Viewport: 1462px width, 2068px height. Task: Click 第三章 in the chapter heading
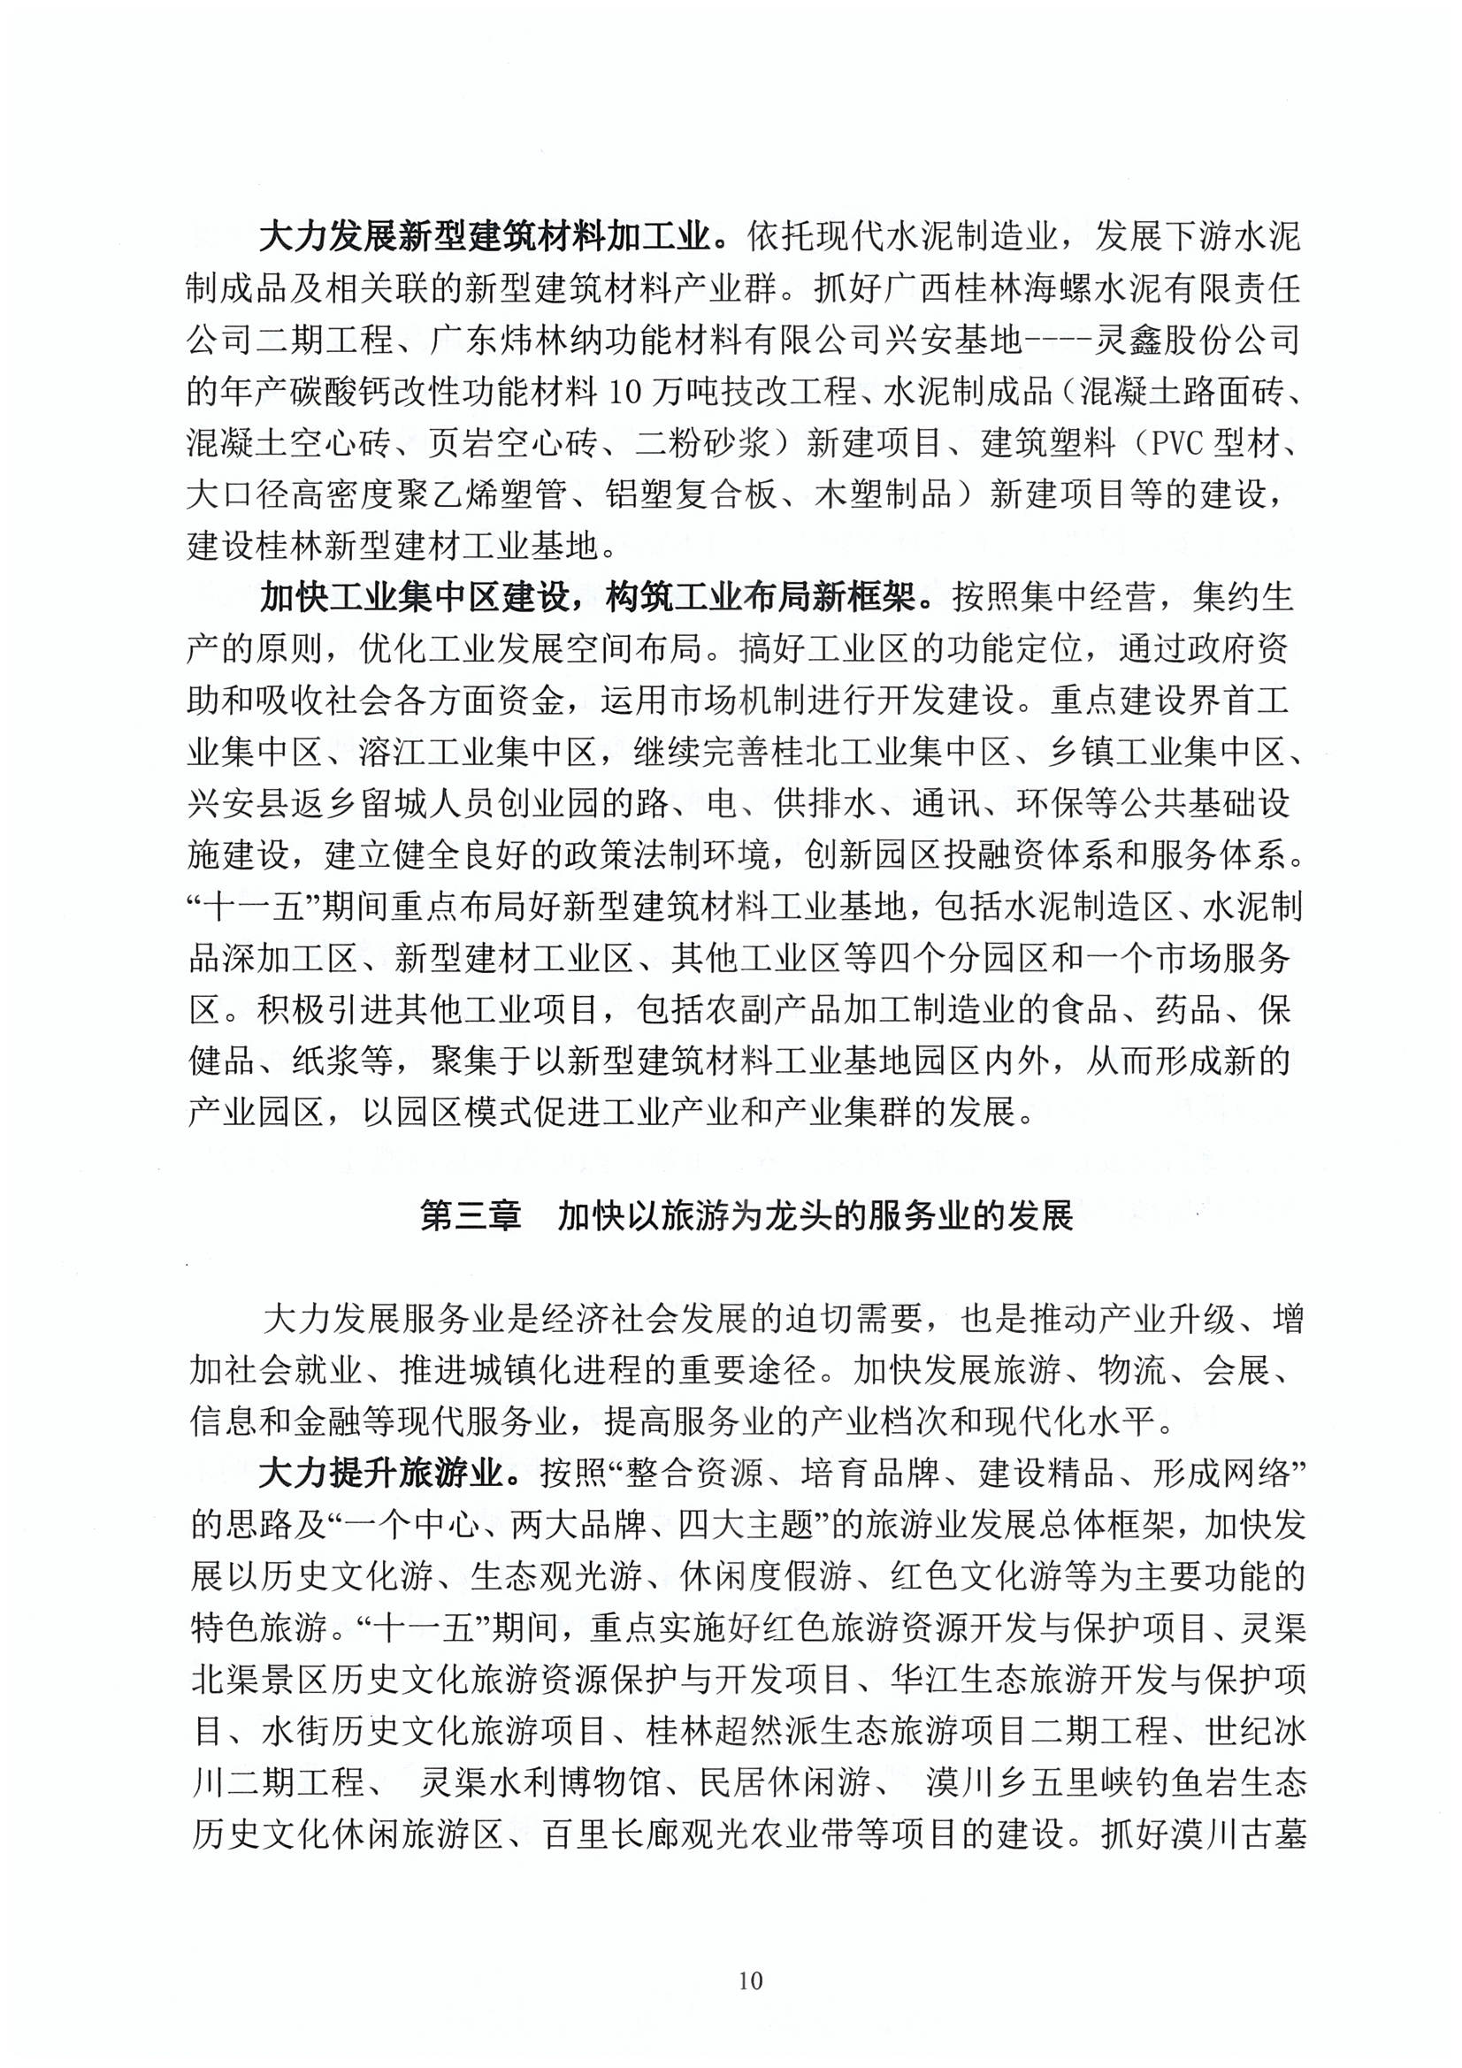coord(471,1218)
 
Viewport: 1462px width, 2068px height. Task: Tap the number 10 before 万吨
coord(626,392)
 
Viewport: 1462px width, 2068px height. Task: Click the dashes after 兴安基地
coord(1058,341)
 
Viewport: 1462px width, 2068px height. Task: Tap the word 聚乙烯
coord(439,495)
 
